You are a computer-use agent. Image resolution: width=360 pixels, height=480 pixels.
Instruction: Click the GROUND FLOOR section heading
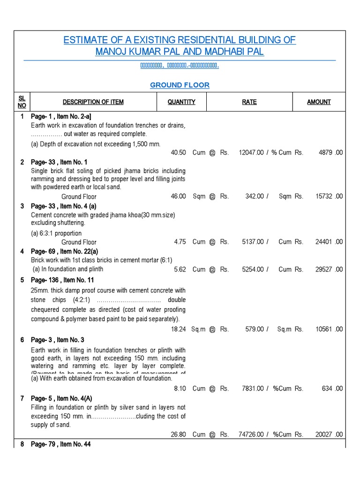pyautogui.click(x=180, y=85)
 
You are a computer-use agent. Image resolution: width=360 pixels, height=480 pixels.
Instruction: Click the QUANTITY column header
pyautogui.click(x=181, y=102)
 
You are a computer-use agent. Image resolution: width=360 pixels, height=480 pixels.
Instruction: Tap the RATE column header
pyautogui.click(x=249, y=102)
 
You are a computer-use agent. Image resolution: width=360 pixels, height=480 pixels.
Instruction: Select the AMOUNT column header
pyautogui.click(x=319, y=102)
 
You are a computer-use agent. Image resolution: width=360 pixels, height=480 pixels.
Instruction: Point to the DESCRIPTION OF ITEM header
pyautogui.click(x=93, y=102)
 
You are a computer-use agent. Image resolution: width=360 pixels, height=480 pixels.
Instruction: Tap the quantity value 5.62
pyautogui.click(x=180, y=270)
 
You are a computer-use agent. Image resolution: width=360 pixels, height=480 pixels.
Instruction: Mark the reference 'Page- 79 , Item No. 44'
pyautogui.click(x=61, y=444)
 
